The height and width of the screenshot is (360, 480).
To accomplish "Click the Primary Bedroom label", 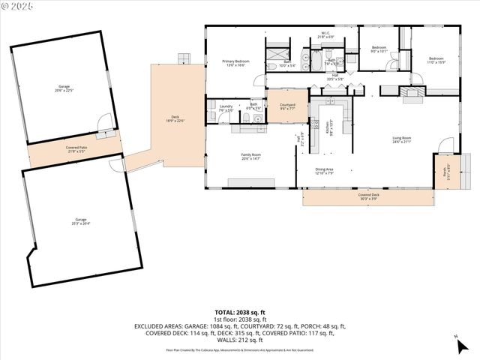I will point(235,63).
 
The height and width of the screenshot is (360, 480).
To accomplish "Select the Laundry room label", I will point(226,108).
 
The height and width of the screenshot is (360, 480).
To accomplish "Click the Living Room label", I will point(402,139).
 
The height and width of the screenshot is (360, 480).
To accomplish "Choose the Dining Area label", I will point(325,172).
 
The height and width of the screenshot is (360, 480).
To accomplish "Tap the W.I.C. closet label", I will point(325,34).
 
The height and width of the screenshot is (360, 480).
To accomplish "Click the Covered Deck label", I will point(368,196).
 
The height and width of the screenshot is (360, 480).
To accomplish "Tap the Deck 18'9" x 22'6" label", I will point(175,118).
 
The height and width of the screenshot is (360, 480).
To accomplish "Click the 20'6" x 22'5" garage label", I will point(64,88).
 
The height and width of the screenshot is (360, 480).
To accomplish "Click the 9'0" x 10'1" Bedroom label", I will point(379,49).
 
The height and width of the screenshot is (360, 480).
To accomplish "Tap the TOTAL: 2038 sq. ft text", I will point(240,312).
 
